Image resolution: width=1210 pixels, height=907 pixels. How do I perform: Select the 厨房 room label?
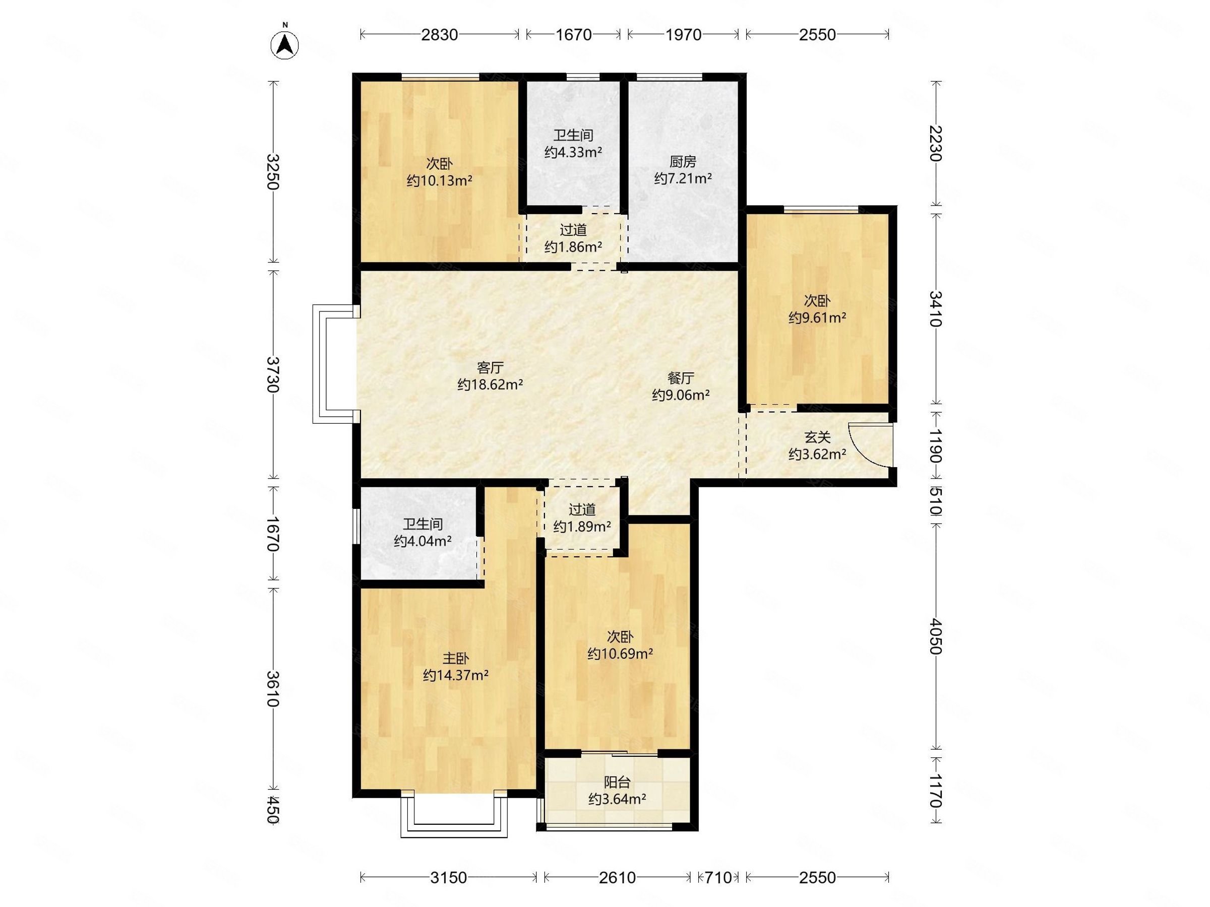pyautogui.click(x=683, y=162)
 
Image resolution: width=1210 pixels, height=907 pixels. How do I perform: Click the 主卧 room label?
pyautogui.click(x=456, y=658)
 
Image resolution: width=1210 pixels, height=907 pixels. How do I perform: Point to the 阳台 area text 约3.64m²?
pyautogui.click(x=617, y=799)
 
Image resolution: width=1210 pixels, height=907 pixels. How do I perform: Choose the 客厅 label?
pyautogui.click(x=490, y=367)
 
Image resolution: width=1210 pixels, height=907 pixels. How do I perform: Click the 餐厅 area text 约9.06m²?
pyautogui.click(x=681, y=395)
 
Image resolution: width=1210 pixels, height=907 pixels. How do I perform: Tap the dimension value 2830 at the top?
pyautogui.click(x=439, y=34)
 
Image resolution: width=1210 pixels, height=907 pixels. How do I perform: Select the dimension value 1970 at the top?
pyautogui.click(x=683, y=34)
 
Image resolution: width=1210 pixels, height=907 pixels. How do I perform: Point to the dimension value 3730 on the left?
pyautogui.click(x=273, y=374)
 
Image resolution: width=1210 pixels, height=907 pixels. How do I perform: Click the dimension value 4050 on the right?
pyautogui.click(x=935, y=636)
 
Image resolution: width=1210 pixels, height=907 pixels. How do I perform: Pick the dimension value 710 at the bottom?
pyautogui.click(x=718, y=877)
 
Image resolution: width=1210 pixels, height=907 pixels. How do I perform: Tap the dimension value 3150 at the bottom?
pyautogui.click(x=449, y=877)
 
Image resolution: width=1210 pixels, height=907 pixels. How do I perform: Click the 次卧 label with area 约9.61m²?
pyautogui.click(x=817, y=301)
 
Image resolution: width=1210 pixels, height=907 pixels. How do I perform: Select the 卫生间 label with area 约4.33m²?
pyautogui.click(x=573, y=135)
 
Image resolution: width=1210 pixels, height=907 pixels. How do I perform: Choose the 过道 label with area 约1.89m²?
pyautogui.click(x=582, y=509)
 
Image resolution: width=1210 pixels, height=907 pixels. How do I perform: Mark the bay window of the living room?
pyautogui.click(x=319, y=364)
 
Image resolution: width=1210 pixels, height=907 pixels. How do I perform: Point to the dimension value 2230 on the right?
pyautogui.click(x=935, y=143)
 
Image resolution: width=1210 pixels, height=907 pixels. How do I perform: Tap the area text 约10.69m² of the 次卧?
pyautogui.click(x=620, y=654)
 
